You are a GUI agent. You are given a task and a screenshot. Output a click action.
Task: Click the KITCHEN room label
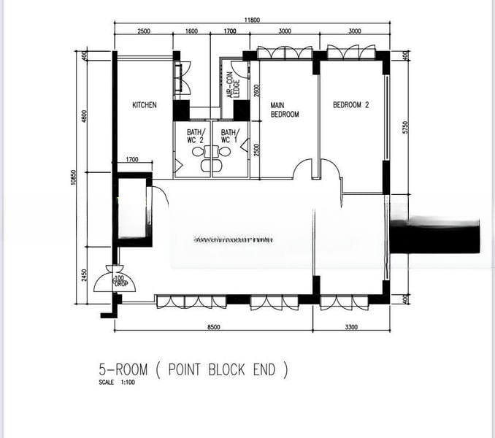[144, 105]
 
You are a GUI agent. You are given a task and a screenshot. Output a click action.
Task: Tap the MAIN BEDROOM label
[284, 109]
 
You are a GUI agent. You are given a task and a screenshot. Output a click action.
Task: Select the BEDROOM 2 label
[350, 105]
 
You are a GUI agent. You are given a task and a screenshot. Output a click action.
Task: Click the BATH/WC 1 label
[230, 136]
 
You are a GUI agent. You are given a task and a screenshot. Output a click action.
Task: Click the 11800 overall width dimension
[251, 22]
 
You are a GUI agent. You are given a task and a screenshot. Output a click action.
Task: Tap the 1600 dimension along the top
[191, 32]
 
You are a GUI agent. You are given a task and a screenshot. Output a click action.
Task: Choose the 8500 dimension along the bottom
[214, 327]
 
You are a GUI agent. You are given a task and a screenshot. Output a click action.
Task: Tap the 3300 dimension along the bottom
[350, 327]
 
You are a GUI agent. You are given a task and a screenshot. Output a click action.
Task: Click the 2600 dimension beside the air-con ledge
[256, 91]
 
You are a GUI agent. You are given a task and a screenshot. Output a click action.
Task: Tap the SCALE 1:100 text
[117, 383]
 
